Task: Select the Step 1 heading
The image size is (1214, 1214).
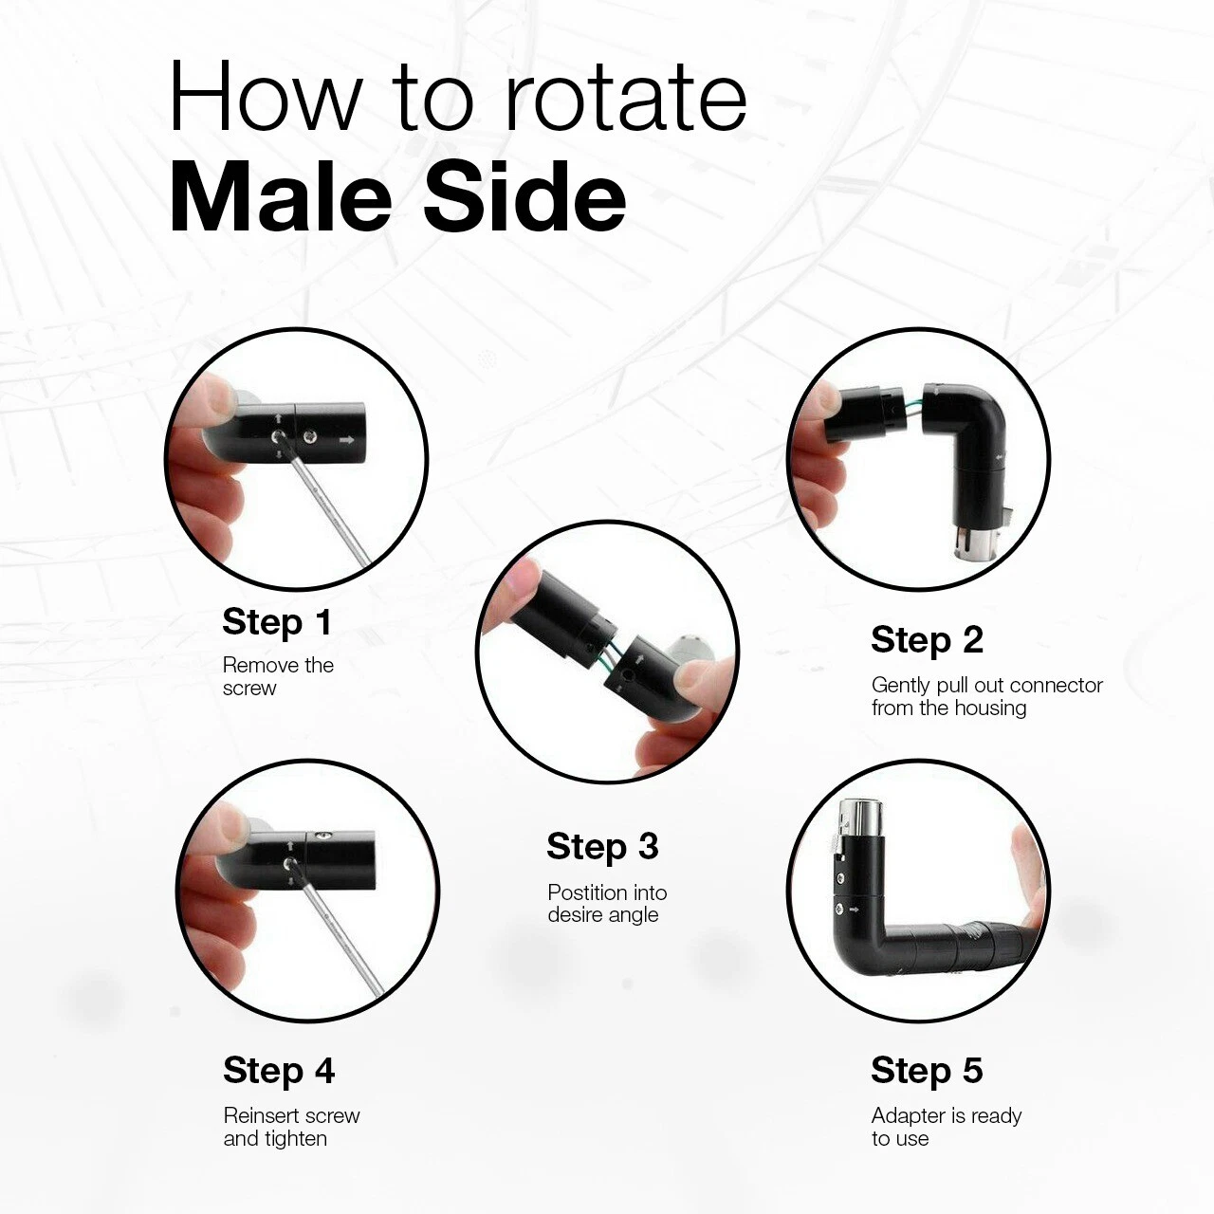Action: tap(277, 622)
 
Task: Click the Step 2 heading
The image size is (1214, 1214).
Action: tap(927, 640)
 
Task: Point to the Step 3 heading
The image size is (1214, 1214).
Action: tap(602, 846)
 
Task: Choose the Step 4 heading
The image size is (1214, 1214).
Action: tap(279, 1071)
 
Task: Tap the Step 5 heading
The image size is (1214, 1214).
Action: tap(927, 1071)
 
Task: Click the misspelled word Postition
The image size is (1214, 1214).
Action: tap(586, 892)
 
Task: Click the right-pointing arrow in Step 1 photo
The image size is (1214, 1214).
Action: tap(346, 440)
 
